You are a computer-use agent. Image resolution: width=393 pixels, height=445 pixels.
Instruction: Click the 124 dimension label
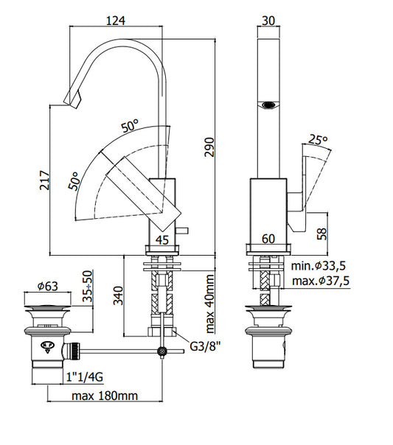click(x=116, y=21)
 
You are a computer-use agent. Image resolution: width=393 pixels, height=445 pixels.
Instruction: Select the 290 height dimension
click(x=209, y=147)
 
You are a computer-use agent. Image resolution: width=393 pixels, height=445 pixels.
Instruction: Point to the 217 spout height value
click(x=44, y=181)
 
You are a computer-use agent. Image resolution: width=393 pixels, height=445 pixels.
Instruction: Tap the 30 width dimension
click(x=268, y=21)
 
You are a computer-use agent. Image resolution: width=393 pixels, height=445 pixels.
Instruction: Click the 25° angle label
click(x=318, y=139)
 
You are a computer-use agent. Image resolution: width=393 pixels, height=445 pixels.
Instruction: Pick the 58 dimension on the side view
click(x=322, y=234)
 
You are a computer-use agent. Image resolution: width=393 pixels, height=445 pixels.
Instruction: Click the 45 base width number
click(x=162, y=240)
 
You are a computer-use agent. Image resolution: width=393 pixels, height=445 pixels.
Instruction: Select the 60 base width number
click(x=268, y=239)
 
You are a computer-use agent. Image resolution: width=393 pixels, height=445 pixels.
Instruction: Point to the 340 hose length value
click(x=118, y=295)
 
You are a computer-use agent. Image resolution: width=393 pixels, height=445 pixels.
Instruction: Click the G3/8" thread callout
click(x=205, y=346)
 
